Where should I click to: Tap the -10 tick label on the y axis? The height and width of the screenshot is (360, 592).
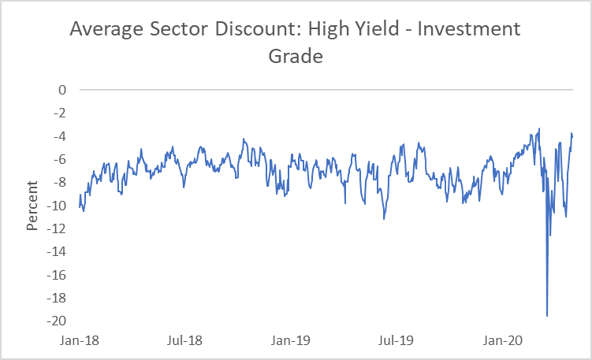click(x=56, y=206)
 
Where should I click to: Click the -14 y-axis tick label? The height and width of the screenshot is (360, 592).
click(x=56, y=252)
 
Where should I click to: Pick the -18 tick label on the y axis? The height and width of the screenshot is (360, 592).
click(x=56, y=298)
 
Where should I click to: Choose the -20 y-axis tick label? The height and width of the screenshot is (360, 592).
click(x=56, y=321)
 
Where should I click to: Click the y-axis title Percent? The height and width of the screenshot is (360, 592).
click(x=32, y=206)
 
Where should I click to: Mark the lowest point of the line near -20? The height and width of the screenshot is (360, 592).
click(x=547, y=316)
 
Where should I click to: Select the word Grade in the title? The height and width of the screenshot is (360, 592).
click(x=296, y=57)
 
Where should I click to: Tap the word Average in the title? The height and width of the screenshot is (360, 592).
click(x=106, y=30)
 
